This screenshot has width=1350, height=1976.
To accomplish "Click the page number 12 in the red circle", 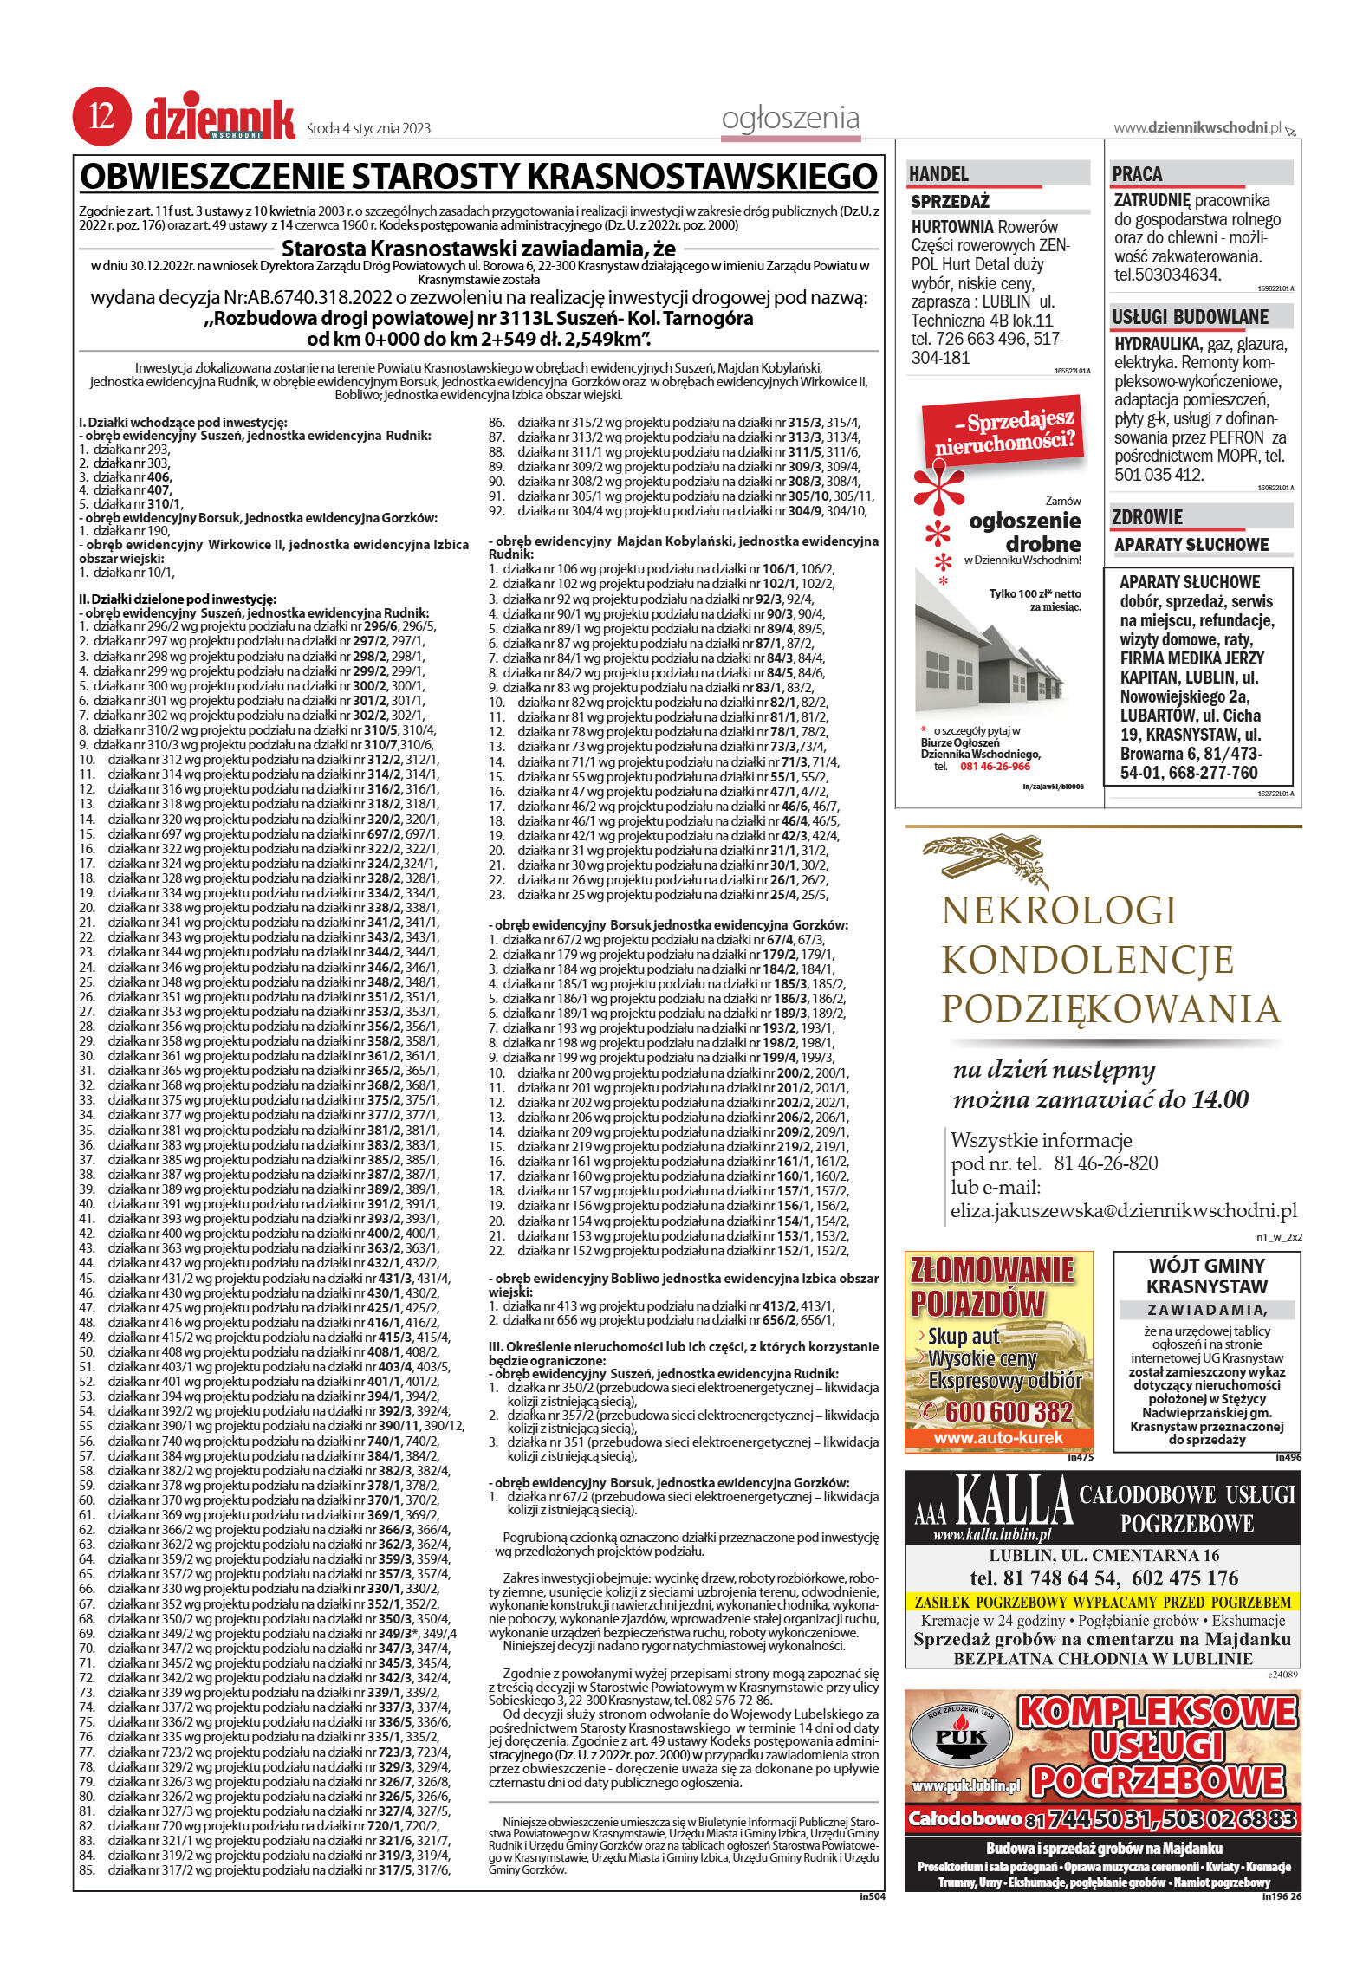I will coord(97,119).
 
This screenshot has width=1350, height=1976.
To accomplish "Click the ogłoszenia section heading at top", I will coord(790,119).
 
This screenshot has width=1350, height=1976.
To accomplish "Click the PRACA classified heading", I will coord(1138,174).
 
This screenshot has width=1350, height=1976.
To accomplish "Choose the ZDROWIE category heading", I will coord(1147,518).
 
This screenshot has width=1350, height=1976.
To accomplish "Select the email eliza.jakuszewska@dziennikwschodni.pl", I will coord(1123,1210).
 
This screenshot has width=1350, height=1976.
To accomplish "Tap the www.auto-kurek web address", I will coord(998,1439).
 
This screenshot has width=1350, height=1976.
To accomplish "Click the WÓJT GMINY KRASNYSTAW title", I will coord(1206,1276).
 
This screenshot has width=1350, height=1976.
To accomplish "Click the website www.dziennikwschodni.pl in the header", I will coord(1197,128).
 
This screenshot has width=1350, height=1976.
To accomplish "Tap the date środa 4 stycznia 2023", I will coord(369,129).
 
